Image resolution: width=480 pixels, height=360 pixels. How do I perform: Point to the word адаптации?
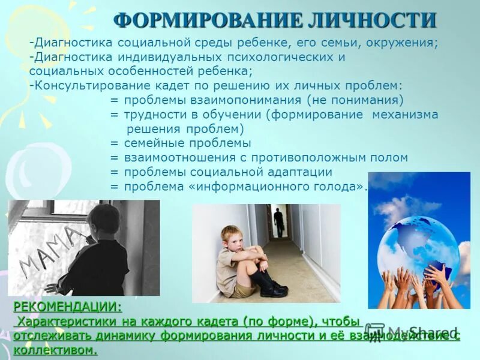296,172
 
